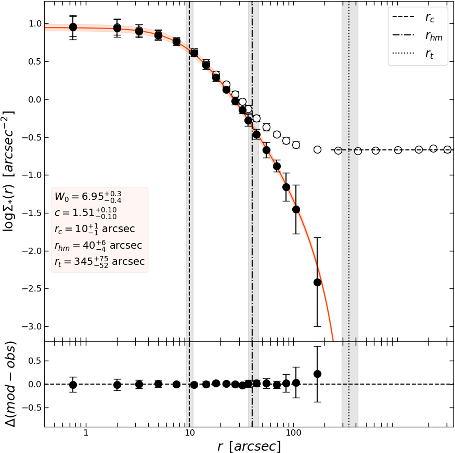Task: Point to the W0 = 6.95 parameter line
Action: click(88, 196)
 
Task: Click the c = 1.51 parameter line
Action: click(86, 213)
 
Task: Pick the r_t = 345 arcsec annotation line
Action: click(99, 262)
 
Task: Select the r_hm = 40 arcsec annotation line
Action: click(98, 245)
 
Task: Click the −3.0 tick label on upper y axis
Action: click(31, 326)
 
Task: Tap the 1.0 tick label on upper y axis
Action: click(35, 24)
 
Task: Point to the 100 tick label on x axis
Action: click(293, 432)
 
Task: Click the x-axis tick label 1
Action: click(86, 432)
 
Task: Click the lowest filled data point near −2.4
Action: click(317, 282)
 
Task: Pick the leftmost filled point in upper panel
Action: click(73, 27)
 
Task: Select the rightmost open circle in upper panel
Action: click(447, 150)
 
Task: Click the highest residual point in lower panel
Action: click(317, 374)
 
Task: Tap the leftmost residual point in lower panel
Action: click(73, 385)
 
